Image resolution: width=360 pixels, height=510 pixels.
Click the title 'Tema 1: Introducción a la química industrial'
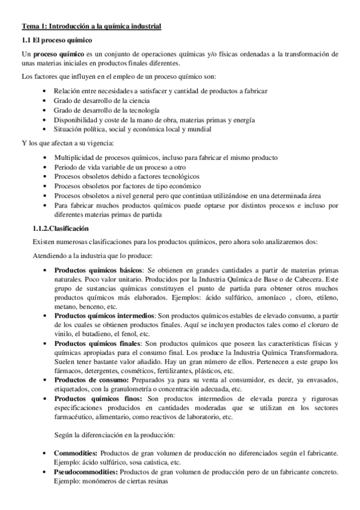point(91,26)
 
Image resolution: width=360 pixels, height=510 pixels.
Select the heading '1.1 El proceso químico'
point(56,40)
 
